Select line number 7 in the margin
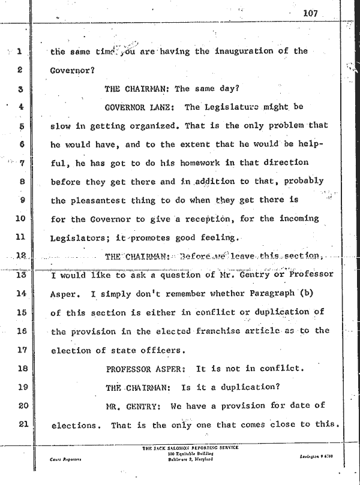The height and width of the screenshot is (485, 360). click(x=20, y=163)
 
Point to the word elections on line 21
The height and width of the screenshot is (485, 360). click(x=74, y=426)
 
